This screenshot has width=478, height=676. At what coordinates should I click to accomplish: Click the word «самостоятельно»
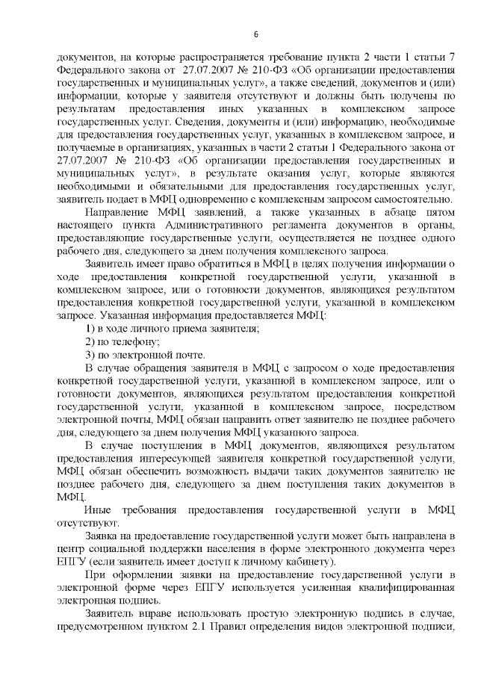pos(414,198)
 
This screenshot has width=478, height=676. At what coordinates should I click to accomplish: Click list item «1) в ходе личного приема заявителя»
pos(171,329)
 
